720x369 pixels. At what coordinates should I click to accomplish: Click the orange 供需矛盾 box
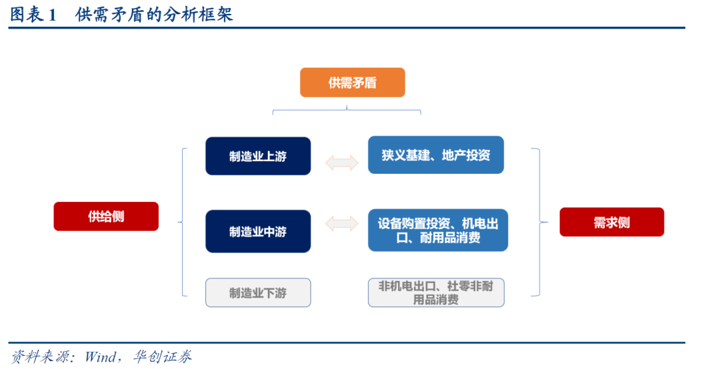click(352, 83)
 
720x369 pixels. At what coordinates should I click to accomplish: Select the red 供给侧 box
click(106, 216)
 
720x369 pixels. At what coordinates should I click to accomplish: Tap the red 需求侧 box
click(611, 222)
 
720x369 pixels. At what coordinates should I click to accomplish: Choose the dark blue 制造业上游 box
click(258, 156)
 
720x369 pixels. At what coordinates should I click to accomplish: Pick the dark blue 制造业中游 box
click(258, 231)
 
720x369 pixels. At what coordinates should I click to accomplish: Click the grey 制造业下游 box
click(258, 292)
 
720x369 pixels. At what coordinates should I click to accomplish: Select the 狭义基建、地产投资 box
click(436, 155)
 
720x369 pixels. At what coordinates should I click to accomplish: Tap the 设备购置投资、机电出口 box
click(438, 230)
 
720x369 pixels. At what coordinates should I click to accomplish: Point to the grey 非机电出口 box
click(436, 292)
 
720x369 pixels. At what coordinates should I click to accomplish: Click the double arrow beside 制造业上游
click(341, 163)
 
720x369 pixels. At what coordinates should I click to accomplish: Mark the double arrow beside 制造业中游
click(341, 224)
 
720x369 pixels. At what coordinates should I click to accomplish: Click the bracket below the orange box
click(347, 111)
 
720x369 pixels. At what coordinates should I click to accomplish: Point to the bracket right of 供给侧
click(183, 222)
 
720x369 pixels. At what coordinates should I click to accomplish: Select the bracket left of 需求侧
click(539, 222)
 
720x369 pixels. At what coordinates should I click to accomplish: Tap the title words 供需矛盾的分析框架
click(154, 15)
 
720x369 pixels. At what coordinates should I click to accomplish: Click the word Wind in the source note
click(100, 356)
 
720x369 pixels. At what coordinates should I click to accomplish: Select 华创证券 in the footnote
click(162, 356)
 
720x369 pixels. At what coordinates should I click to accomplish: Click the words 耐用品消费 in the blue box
click(450, 238)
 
